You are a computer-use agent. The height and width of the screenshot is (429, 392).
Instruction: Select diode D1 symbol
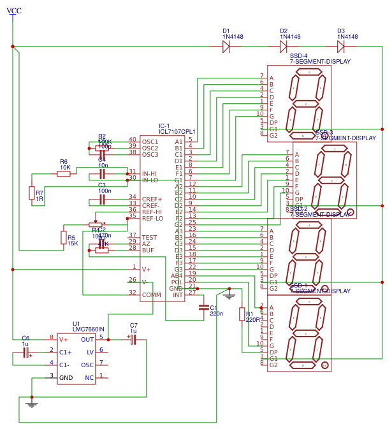pos(226,47)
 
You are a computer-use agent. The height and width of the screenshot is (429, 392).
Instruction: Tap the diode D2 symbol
pos(284,47)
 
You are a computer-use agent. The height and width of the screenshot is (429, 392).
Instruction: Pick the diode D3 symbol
pos(341,47)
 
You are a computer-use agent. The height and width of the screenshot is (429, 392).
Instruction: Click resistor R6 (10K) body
pos(64,173)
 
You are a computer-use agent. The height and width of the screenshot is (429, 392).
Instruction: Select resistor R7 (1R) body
pos(32,193)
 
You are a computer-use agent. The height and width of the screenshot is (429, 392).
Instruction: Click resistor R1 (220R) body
pos(242,314)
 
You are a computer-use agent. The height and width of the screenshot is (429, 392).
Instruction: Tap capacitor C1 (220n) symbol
pos(204,308)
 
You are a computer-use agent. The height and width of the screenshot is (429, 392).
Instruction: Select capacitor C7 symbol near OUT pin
pos(133,340)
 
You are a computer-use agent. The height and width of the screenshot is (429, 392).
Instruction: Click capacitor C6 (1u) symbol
pos(26,353)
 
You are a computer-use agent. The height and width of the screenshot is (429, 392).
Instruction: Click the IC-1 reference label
pos(164,126)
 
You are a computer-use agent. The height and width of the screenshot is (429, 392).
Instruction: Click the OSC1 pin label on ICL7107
pos(150,142)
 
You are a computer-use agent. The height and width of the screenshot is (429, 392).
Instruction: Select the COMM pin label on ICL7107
pos(151,294)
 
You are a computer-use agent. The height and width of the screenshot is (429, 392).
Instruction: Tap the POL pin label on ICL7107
pos(177,282)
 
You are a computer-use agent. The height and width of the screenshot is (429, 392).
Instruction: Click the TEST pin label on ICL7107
pos(149,237)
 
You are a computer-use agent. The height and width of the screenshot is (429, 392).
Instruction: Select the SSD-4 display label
pos(298,56)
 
